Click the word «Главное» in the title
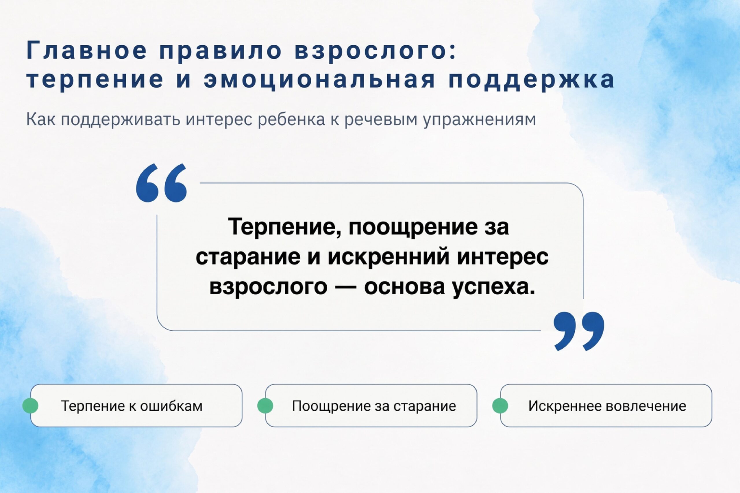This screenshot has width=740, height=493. tap(87, 50)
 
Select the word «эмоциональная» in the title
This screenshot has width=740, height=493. tap(320, 79)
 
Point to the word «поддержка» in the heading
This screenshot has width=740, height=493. tap(531, 79)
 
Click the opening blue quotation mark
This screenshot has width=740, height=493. tap(161, 183)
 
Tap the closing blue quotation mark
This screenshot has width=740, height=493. tap(579, 331)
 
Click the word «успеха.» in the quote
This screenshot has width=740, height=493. tap(494, 287)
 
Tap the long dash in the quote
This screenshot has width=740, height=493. tap(346, 287)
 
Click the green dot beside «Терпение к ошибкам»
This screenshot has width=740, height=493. tap(30, 405)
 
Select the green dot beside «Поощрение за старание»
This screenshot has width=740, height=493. tap(265, 405)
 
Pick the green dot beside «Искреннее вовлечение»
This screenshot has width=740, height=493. tap(500, 405)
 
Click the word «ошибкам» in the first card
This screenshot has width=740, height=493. tap(171, 406)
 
